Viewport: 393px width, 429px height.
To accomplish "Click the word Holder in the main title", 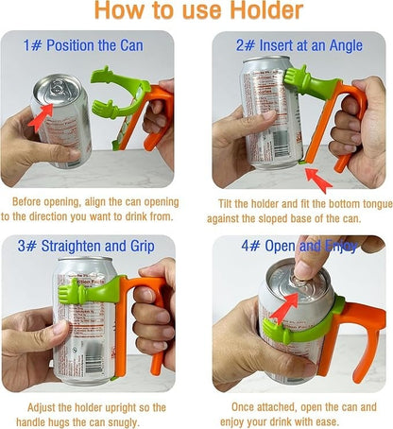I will point(254,12).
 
